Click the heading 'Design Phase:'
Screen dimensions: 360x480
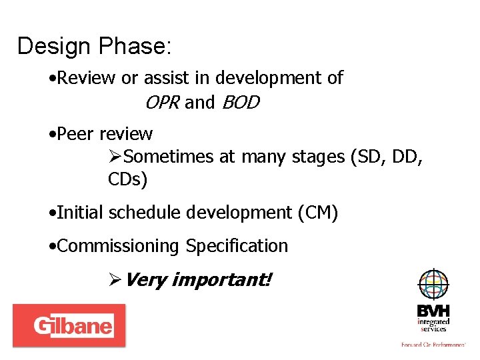pyautogui.click(x=94, y=47)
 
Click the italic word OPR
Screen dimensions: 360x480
pyautogui.click(x=161, y=103)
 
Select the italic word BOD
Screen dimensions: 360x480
pyautogui.click(x=240, y=103)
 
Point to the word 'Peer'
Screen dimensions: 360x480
pyautogui.click(x=76, y=134)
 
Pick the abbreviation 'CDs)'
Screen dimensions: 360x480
pyautogui.click(x=128, y=180)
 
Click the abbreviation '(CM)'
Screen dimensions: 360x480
pyautogui.click(x=318, y=213)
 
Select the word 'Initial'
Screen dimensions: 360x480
pyautogui.click(x=81, y=213)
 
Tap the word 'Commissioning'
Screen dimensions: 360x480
pyautogui.click(x=118, y=246)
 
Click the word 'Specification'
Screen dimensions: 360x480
pyautogui.click(x=237, y=246)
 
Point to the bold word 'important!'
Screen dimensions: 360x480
pyautogui.click(x=221, y=279)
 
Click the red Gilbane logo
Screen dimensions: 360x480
pyautogui.click(x=69, y=325)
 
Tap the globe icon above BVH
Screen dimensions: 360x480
pyautogui.click(x=433, y=285)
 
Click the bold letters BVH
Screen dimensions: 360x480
pyautogui.click(x=433, y=311)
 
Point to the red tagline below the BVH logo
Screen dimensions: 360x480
pyautogui.click(x=433, y=345)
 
